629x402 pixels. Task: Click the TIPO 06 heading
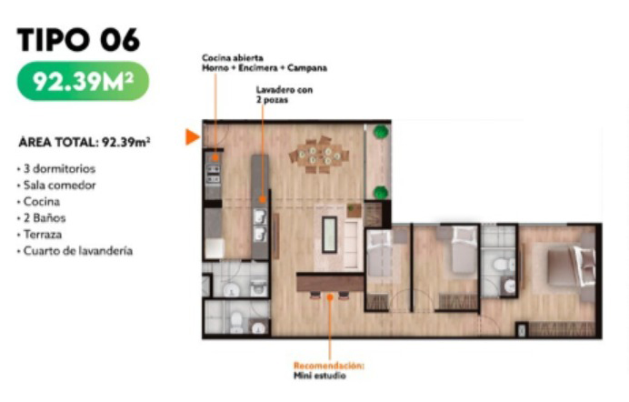click(78, 40)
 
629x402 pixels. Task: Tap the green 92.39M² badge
click(83, 81)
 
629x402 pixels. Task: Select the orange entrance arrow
click(192, 136)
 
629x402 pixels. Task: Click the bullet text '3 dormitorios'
click(59, 168)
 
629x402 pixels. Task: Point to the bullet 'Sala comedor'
click(60, 185)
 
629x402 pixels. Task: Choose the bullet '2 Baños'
click(45, 218)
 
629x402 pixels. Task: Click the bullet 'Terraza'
click(43, 235)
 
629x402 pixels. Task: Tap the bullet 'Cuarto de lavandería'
click(78, 251)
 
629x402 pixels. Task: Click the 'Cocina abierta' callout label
click(233, 58)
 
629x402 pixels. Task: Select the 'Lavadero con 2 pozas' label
click(284, 95)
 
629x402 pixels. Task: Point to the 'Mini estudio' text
click(320, 376)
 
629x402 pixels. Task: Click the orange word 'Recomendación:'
click(329, 366)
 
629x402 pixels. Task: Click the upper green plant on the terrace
click(380, 132)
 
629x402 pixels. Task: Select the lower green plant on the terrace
click(381, 193)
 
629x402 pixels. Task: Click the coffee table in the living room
click(329, 235)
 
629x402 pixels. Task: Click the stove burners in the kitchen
click(213, 174)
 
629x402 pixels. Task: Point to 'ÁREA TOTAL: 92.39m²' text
click(85, 143)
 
